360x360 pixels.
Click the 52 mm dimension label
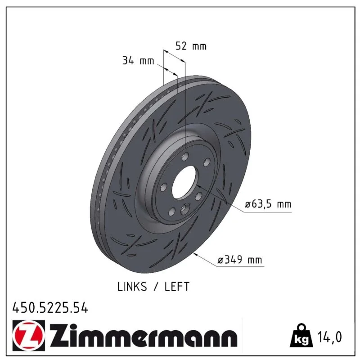191,46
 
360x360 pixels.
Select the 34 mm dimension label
138,61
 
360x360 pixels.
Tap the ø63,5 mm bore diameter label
268,204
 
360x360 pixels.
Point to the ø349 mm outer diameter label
240,260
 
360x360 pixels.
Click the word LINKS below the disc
132,287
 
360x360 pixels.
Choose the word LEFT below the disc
177,287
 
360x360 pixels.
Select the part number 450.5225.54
50,308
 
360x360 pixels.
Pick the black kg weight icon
301,335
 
